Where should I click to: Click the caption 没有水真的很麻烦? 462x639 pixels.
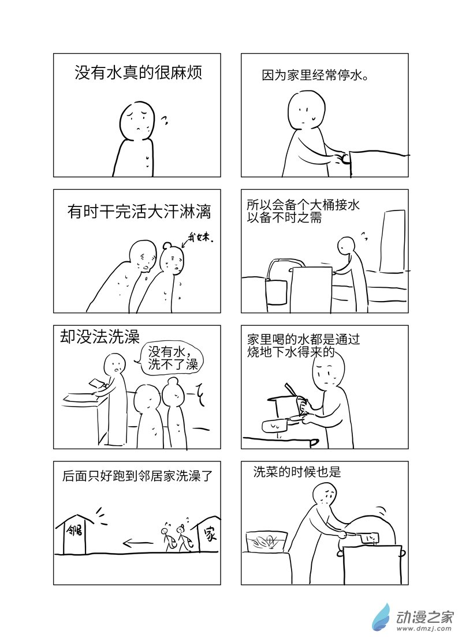(x=139, y=73)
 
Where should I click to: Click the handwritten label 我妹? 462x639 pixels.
(x=200, y=237)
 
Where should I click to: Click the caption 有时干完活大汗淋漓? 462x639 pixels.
(x=139, y=212)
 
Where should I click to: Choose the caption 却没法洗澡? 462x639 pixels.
(x=99, y=337)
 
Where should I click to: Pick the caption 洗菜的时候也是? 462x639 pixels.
(x=297, y=472)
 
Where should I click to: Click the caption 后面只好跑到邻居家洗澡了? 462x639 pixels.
(x=137, y=476)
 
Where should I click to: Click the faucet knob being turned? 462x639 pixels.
(x=345, y=159)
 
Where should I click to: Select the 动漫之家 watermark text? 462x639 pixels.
(x=425, y=618)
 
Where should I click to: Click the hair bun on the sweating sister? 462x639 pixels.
(x=168, y=246)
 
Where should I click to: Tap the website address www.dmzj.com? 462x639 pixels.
(x=424, y=631)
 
